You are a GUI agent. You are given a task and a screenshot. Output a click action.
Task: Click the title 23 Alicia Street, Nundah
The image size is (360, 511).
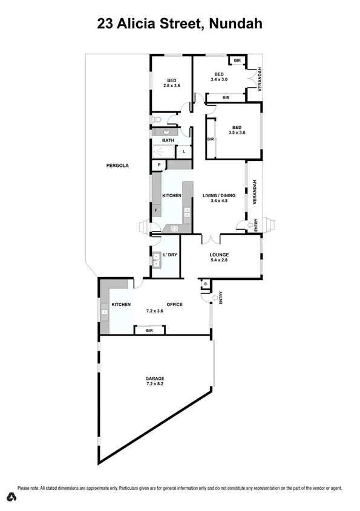click(180, 25)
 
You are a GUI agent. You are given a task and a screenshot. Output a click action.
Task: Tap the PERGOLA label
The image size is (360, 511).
click(117, 165)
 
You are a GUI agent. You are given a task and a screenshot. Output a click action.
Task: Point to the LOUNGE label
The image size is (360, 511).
click(218, 255)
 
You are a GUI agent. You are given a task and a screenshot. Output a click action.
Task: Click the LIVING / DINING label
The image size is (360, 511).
click(218, 195)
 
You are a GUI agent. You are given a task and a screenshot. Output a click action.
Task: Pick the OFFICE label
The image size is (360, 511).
click(174, 304)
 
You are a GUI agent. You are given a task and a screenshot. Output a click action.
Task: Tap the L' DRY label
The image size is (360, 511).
click(169, 255)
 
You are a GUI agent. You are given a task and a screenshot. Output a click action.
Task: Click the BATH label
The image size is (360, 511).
click(168, 141)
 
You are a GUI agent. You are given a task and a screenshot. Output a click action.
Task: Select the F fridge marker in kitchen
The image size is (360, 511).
click(156, 210)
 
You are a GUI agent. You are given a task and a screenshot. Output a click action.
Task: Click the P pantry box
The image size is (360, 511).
click(159, 164)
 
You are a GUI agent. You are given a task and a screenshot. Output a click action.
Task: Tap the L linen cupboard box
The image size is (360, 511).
click(183, 151)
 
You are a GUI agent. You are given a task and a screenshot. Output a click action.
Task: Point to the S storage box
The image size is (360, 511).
click(205, 284)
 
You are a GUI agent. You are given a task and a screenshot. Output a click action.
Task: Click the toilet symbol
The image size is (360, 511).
click(157, 119)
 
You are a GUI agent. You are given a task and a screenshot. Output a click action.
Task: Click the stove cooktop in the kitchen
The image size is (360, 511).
click(175, 228)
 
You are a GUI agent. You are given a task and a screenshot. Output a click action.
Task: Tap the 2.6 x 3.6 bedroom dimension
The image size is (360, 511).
click(172, 86)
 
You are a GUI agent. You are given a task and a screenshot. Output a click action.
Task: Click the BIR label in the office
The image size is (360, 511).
click(149, 331)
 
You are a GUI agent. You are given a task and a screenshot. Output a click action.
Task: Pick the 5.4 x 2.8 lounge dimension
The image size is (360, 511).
click(218, 261)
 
